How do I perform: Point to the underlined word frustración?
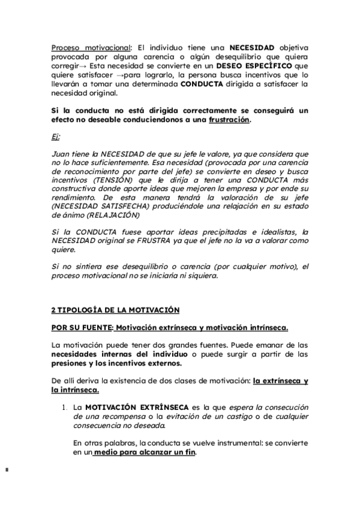pyautogui.click(x=228, y=119)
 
